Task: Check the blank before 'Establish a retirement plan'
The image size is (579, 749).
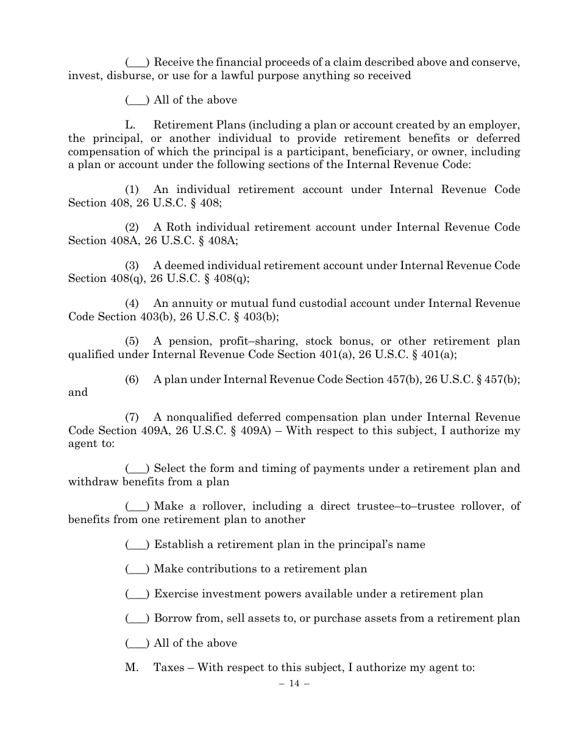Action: (x=138, y=545)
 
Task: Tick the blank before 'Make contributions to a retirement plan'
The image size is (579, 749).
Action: (x=138, y=569)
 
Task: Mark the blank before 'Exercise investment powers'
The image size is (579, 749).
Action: (x=138, y=594)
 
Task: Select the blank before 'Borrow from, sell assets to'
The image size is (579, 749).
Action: (x=138, y=619)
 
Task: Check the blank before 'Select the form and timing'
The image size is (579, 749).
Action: (x=138, y=469)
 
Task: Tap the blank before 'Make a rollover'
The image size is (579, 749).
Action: (x=138, y=507)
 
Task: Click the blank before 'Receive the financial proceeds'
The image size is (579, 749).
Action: (x=138, y=63)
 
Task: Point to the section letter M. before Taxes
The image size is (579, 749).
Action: (x=132, y=667)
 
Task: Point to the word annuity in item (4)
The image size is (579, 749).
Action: (x=191, y=303)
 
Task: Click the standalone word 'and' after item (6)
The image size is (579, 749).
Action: (x=77, y=392)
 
